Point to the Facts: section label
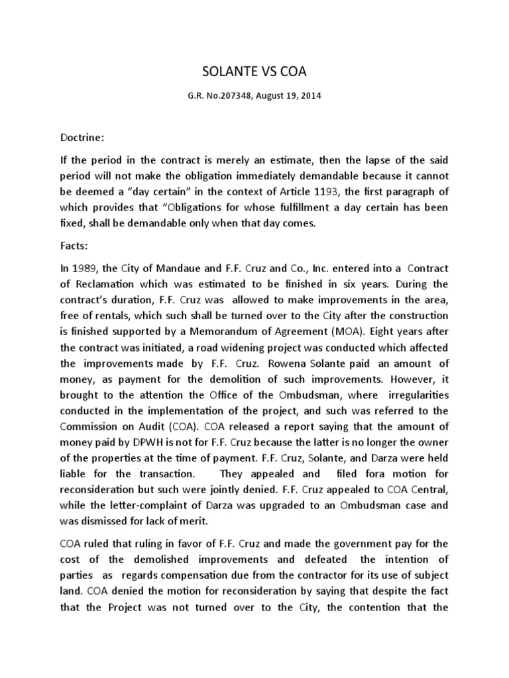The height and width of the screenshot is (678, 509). [x=74, y=244]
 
